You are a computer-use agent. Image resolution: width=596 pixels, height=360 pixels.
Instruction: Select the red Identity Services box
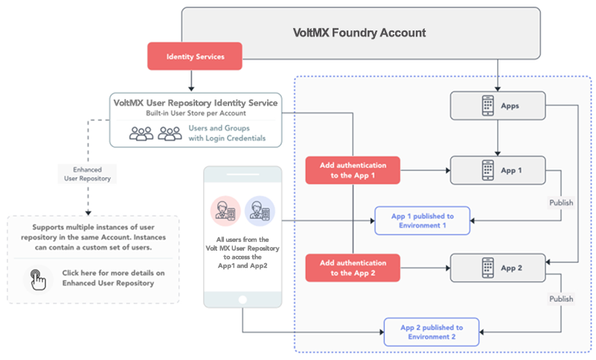pos(195,57)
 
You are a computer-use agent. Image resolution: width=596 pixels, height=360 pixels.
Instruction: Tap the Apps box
pos(499,106)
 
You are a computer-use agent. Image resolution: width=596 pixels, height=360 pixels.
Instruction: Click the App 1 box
pos(499,170)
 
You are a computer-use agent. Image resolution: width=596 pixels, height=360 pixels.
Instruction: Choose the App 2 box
pos(499,268)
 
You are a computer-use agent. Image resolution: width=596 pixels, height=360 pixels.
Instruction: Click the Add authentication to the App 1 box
pos(353,170)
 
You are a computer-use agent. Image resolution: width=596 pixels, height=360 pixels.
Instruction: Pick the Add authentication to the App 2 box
pos(353,268)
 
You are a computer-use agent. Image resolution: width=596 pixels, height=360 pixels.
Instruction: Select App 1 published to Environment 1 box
pos(422,221)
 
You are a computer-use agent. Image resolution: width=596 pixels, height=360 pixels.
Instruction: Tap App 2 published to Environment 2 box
pos(432,332)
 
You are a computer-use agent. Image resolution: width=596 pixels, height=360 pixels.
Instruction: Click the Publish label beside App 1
pos(561,202)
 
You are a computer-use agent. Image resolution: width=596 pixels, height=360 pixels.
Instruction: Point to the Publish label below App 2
pos(561,299)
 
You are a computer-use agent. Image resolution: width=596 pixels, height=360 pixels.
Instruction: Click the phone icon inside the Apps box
pos(487,106)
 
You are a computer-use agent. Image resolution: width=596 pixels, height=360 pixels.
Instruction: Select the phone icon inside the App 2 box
pos(487,268)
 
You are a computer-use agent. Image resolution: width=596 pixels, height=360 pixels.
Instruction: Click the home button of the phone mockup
pos(243,300)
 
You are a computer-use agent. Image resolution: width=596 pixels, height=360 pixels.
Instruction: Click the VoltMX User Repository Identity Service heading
pos(194,103)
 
